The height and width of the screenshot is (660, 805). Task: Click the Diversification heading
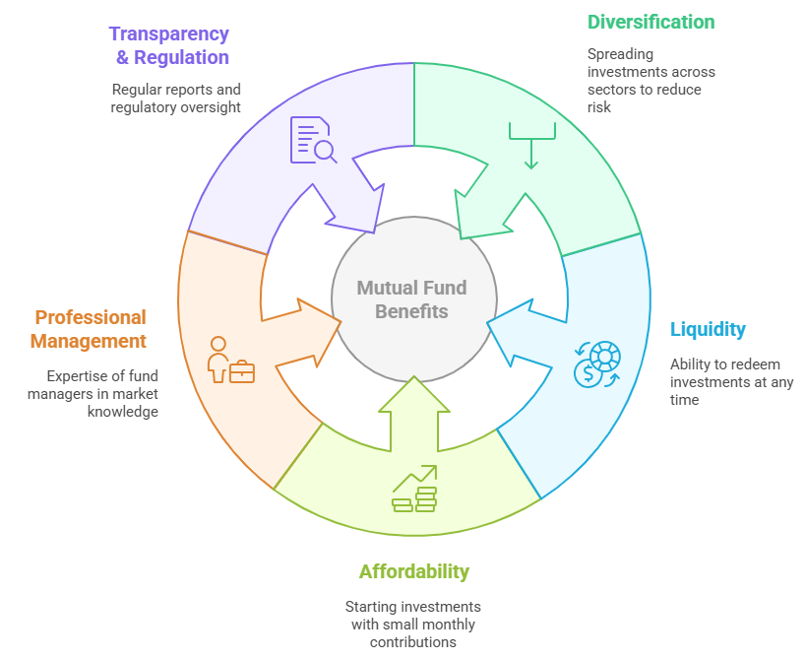[x=650, y=22]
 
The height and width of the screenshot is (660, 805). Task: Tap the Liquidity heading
[x=708, y=330]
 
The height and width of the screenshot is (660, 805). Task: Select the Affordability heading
[x=413, y=571]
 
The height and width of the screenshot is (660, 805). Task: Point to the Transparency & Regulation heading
[x=169, y=45]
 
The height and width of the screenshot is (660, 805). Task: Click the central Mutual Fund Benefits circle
[x=411, y=299]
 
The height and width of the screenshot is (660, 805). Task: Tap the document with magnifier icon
[x=313, y=140]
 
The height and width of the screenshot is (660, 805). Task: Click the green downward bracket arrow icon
[x=531, y=145]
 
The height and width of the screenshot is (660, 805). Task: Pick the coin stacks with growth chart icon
[x=414, y=490]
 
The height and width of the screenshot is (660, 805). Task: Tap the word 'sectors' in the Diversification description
[x=608, y=90]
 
